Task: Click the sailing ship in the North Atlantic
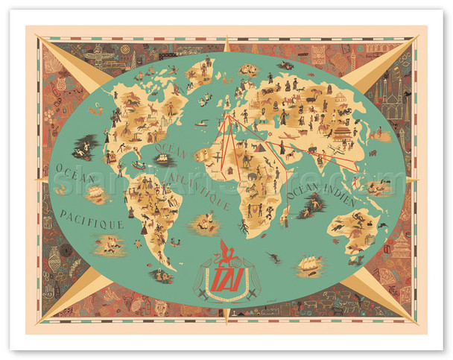click(x=162, y=157)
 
